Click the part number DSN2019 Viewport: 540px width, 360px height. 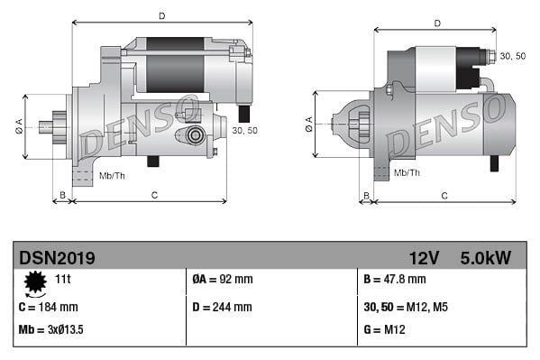pos(57,257)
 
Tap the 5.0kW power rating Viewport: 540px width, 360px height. pos(485,257)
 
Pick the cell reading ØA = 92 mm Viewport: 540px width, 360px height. pos(223,280)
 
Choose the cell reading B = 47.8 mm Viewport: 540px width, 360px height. pos(396,280)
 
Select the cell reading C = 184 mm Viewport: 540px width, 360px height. pos(49,307)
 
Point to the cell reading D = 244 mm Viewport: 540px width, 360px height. pos(223,307)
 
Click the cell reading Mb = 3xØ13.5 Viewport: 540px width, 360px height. pos(51,329)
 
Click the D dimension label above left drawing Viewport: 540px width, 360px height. pos(161,15)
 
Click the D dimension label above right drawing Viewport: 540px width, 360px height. pos(436,23)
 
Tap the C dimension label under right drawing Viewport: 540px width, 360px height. pos(444,195)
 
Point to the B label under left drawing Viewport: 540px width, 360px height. pos(62,195)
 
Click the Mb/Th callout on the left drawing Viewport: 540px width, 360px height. pos(112,174)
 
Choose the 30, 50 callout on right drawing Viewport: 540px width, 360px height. pos(512,56)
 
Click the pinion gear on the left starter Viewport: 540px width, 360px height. pos(59,126)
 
